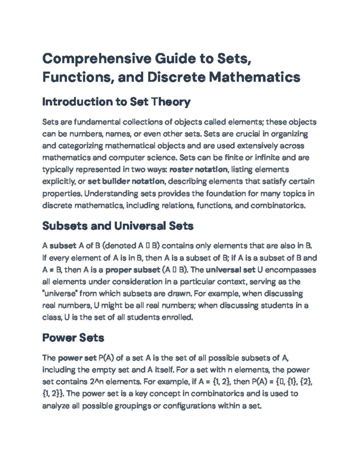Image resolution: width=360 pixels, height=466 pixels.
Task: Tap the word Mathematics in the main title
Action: tap(254, 77)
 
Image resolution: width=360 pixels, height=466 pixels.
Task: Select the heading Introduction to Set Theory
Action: tap(116, 102)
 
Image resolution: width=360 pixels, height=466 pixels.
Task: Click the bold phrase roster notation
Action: tap(198, 170)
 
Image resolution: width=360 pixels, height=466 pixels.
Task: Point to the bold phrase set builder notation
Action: tap(126, 182)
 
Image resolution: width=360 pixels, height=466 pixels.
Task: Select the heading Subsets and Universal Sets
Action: tap(118, 226)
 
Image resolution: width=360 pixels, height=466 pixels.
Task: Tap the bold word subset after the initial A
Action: tap(63, 246)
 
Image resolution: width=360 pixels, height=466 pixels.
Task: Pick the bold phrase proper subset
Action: tap(133, 270)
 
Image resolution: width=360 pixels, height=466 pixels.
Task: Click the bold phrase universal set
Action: tap(230, 270)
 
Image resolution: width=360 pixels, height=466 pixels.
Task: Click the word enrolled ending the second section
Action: tap(177, 317)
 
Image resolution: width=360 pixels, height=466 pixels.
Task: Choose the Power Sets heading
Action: tap(73, 338)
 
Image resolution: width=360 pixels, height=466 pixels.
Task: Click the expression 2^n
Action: tap(97, 382)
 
